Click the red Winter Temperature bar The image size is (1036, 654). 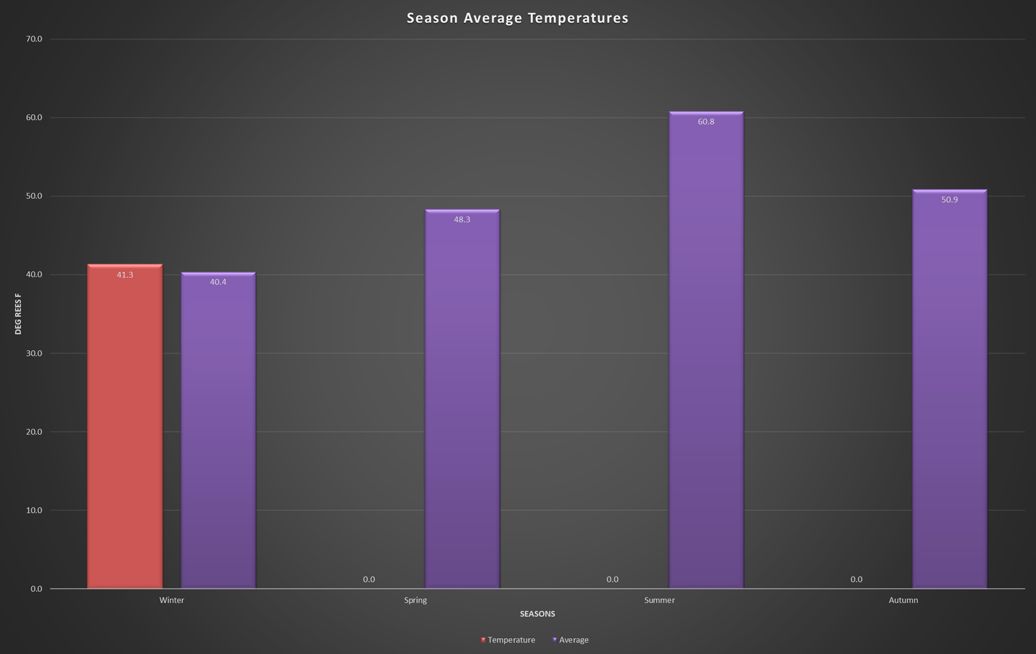point(125,426)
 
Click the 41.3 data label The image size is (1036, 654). point(125,275)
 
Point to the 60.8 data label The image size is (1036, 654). point(706,122)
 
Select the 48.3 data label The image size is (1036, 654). point(462,219)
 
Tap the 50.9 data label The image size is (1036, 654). point(949,200)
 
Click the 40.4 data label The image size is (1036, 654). point(218,282)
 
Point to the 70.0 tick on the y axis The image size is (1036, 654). point(34,39)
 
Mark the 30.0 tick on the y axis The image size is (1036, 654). point(34,353)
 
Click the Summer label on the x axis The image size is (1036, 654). point(659,600)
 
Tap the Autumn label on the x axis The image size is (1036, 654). point(903,600)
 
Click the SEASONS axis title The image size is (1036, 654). point(537,614)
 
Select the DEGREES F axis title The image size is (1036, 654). point(18,313)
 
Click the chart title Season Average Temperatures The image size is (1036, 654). point(517,18)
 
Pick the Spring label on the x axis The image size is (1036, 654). point(415,600)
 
